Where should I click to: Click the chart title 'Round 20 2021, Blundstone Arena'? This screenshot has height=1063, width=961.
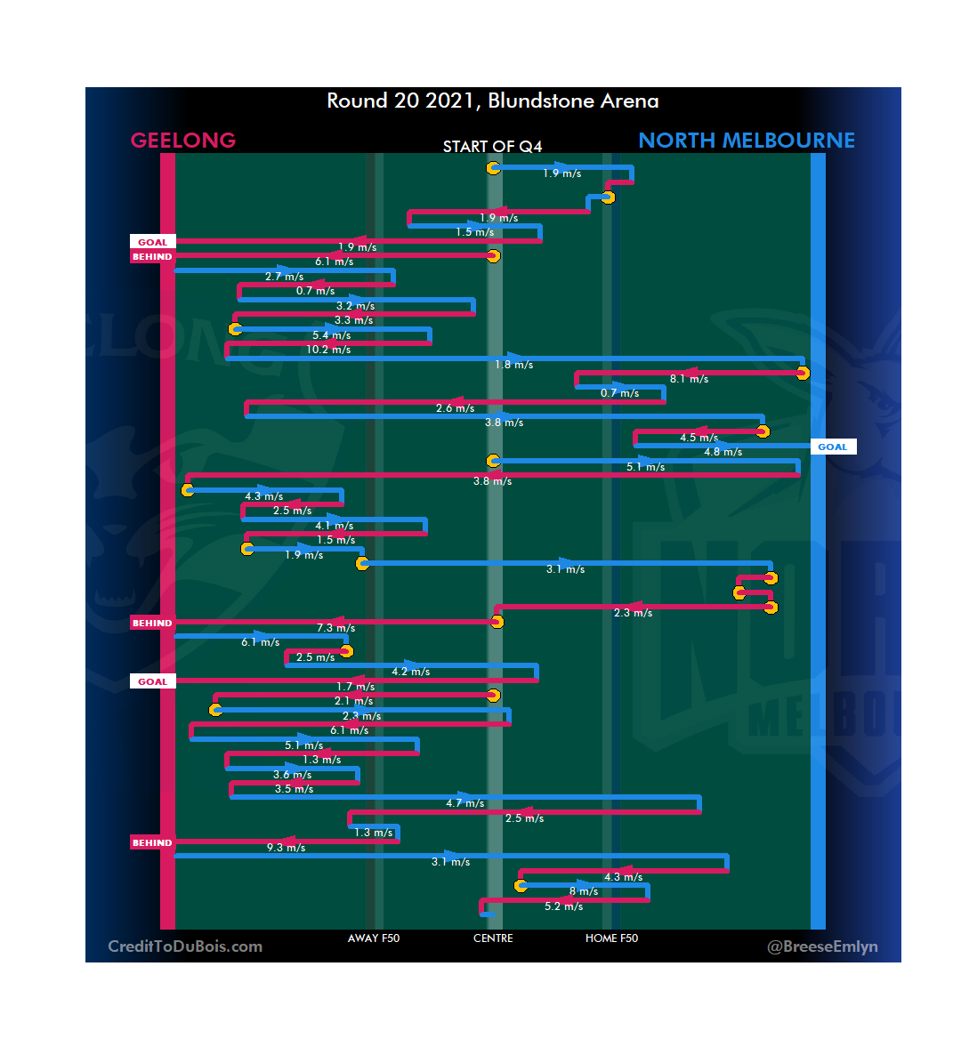coord(492,101)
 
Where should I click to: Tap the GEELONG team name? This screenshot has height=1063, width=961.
coord(183,141)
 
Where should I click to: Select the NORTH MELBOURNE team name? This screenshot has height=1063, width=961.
coord(746,141)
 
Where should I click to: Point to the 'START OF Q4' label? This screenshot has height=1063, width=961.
coord(492,147)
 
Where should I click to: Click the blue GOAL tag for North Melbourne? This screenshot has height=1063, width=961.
coord(833,447)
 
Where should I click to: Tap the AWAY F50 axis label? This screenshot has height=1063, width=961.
coord(374,938)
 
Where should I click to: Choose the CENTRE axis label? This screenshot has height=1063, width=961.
coord(493,938)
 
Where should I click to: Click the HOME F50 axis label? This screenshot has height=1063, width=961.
coord(611,938)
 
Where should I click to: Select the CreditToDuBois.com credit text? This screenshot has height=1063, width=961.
coord(185,946)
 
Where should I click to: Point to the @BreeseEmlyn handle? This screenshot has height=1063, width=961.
coord(822,946)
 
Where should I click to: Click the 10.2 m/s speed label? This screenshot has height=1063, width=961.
coord(328,350)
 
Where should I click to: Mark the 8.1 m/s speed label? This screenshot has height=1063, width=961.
coord(689,379)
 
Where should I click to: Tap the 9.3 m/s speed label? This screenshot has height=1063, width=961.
coord(286,848)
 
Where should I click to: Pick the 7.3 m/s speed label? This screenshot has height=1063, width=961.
coord(335,628)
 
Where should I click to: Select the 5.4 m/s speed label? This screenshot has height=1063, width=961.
coord(331,335)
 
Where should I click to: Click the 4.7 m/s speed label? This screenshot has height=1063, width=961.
coord(464,803)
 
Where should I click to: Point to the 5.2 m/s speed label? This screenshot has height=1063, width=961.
coord(563,906)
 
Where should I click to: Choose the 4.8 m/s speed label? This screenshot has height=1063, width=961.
coord(723,452)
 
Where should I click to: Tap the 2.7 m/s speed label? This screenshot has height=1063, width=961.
coord(284,277)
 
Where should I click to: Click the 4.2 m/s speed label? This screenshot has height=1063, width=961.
coord(410,672)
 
